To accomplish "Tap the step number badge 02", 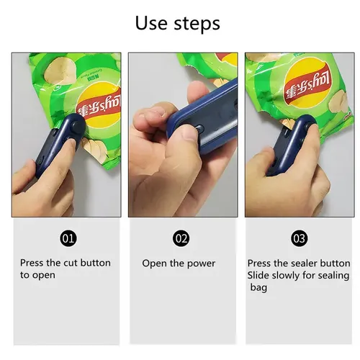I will pos(181,238).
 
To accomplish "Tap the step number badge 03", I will pos(298,238).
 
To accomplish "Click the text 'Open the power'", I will pos(178,264).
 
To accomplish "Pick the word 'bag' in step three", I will pos(258,287).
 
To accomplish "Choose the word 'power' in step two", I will pos(202,264).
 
